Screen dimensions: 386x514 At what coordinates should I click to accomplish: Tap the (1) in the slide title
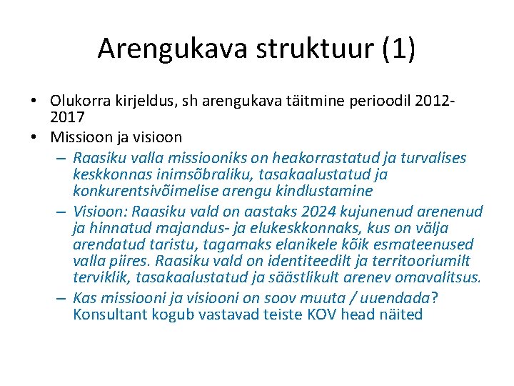pyautogui.click(x=399, y=48)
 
